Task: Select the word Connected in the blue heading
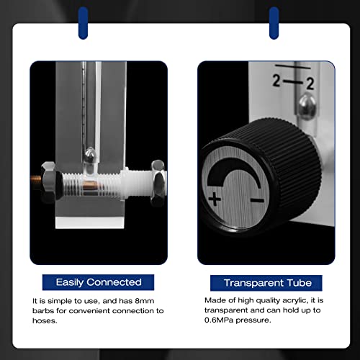[x=112, y=282]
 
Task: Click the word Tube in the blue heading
[x=297, y=283]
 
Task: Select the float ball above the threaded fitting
[x=89, y=154]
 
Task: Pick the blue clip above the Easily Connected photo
[x=84, y=22]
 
